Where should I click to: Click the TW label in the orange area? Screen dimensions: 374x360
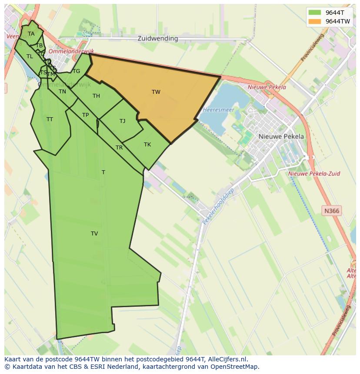(x=156, y=92)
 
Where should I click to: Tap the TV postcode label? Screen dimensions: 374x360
(x=94, y=234)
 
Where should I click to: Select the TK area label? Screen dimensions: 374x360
(x=147, y=145)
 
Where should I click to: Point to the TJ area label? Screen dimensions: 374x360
(x=123, y=121)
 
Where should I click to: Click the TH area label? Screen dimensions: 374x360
(x=96, y=96)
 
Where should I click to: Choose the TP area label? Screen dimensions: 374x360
(x=85, y=115)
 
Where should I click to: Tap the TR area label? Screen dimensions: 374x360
(x=119, y=148)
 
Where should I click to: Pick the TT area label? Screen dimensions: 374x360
(x=50, y=119)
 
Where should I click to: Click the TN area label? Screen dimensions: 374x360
(x=62, y=92)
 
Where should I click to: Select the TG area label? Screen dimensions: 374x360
(x=77, y=71)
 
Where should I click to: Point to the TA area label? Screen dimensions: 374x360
(x=31, y=34)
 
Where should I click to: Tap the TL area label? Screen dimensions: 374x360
(x=30, y=56)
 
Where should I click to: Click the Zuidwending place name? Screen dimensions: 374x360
(x=158, y=38)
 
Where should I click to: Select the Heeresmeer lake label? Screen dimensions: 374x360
(x=218, y=110)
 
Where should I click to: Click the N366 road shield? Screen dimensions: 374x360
(x=332, y=211)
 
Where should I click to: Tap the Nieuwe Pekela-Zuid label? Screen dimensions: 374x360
(x=314, y=174)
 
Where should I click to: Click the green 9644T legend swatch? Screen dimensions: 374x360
(x=314, y=13)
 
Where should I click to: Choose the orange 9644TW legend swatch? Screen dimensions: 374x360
(x=314, y=21)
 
